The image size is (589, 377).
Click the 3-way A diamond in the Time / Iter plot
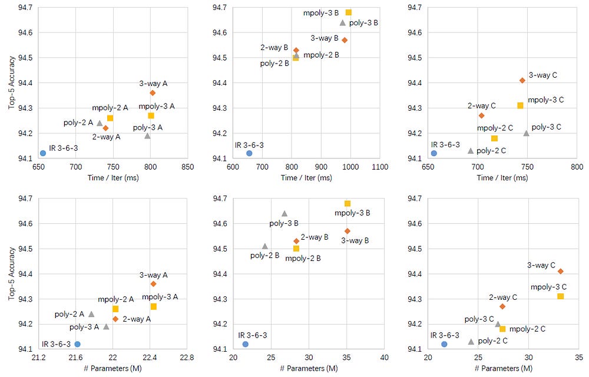coord(153,92)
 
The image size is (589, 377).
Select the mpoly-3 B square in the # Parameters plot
coord(348,203)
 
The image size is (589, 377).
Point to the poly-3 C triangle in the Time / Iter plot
coord(526,133)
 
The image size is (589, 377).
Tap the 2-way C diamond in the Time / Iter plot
coord(481,115)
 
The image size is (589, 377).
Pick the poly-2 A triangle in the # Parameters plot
coord(91,314)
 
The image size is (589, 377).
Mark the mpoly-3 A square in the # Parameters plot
coord(154,306)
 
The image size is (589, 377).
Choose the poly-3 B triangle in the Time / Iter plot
coord(343,22)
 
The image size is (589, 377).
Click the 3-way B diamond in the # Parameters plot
coord(348,231)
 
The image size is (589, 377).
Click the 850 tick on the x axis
coord(188,167)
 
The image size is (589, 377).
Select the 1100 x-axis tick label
coord(380,167)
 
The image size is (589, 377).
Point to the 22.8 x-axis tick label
coord(187,358)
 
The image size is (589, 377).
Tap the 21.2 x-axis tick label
coord(39,358)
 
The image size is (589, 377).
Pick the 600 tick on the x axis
coord(233,167)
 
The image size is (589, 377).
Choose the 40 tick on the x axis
coord(385,358)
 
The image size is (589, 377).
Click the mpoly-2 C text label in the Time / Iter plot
coord(495,128)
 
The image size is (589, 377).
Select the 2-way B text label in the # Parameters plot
coord(315,237)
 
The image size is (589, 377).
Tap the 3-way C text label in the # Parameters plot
coord(541,265)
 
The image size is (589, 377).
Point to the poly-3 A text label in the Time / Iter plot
coord(148,127)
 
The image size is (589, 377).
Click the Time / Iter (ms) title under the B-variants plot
coord(307,178)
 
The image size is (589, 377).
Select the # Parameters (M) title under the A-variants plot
coord(113,368)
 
